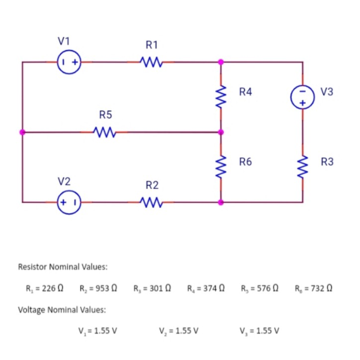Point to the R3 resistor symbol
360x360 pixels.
303,162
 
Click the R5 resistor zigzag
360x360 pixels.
105,133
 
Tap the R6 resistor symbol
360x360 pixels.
221,162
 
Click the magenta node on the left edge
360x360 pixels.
22,133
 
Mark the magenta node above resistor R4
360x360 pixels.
221,63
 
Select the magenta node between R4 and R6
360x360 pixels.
221,133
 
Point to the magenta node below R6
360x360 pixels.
221,203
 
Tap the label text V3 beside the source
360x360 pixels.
327,91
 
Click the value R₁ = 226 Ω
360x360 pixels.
45,288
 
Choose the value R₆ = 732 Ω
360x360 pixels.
313,288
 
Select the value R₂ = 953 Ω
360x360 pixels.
98,288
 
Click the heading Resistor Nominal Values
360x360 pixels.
63,267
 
